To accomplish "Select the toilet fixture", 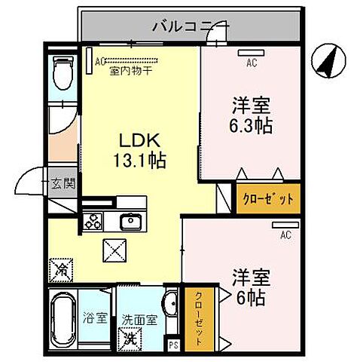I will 63,76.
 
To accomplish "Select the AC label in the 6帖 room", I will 285,235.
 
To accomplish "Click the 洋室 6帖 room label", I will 248,287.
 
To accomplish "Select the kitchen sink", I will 130,222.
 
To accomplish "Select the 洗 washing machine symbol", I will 133,338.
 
